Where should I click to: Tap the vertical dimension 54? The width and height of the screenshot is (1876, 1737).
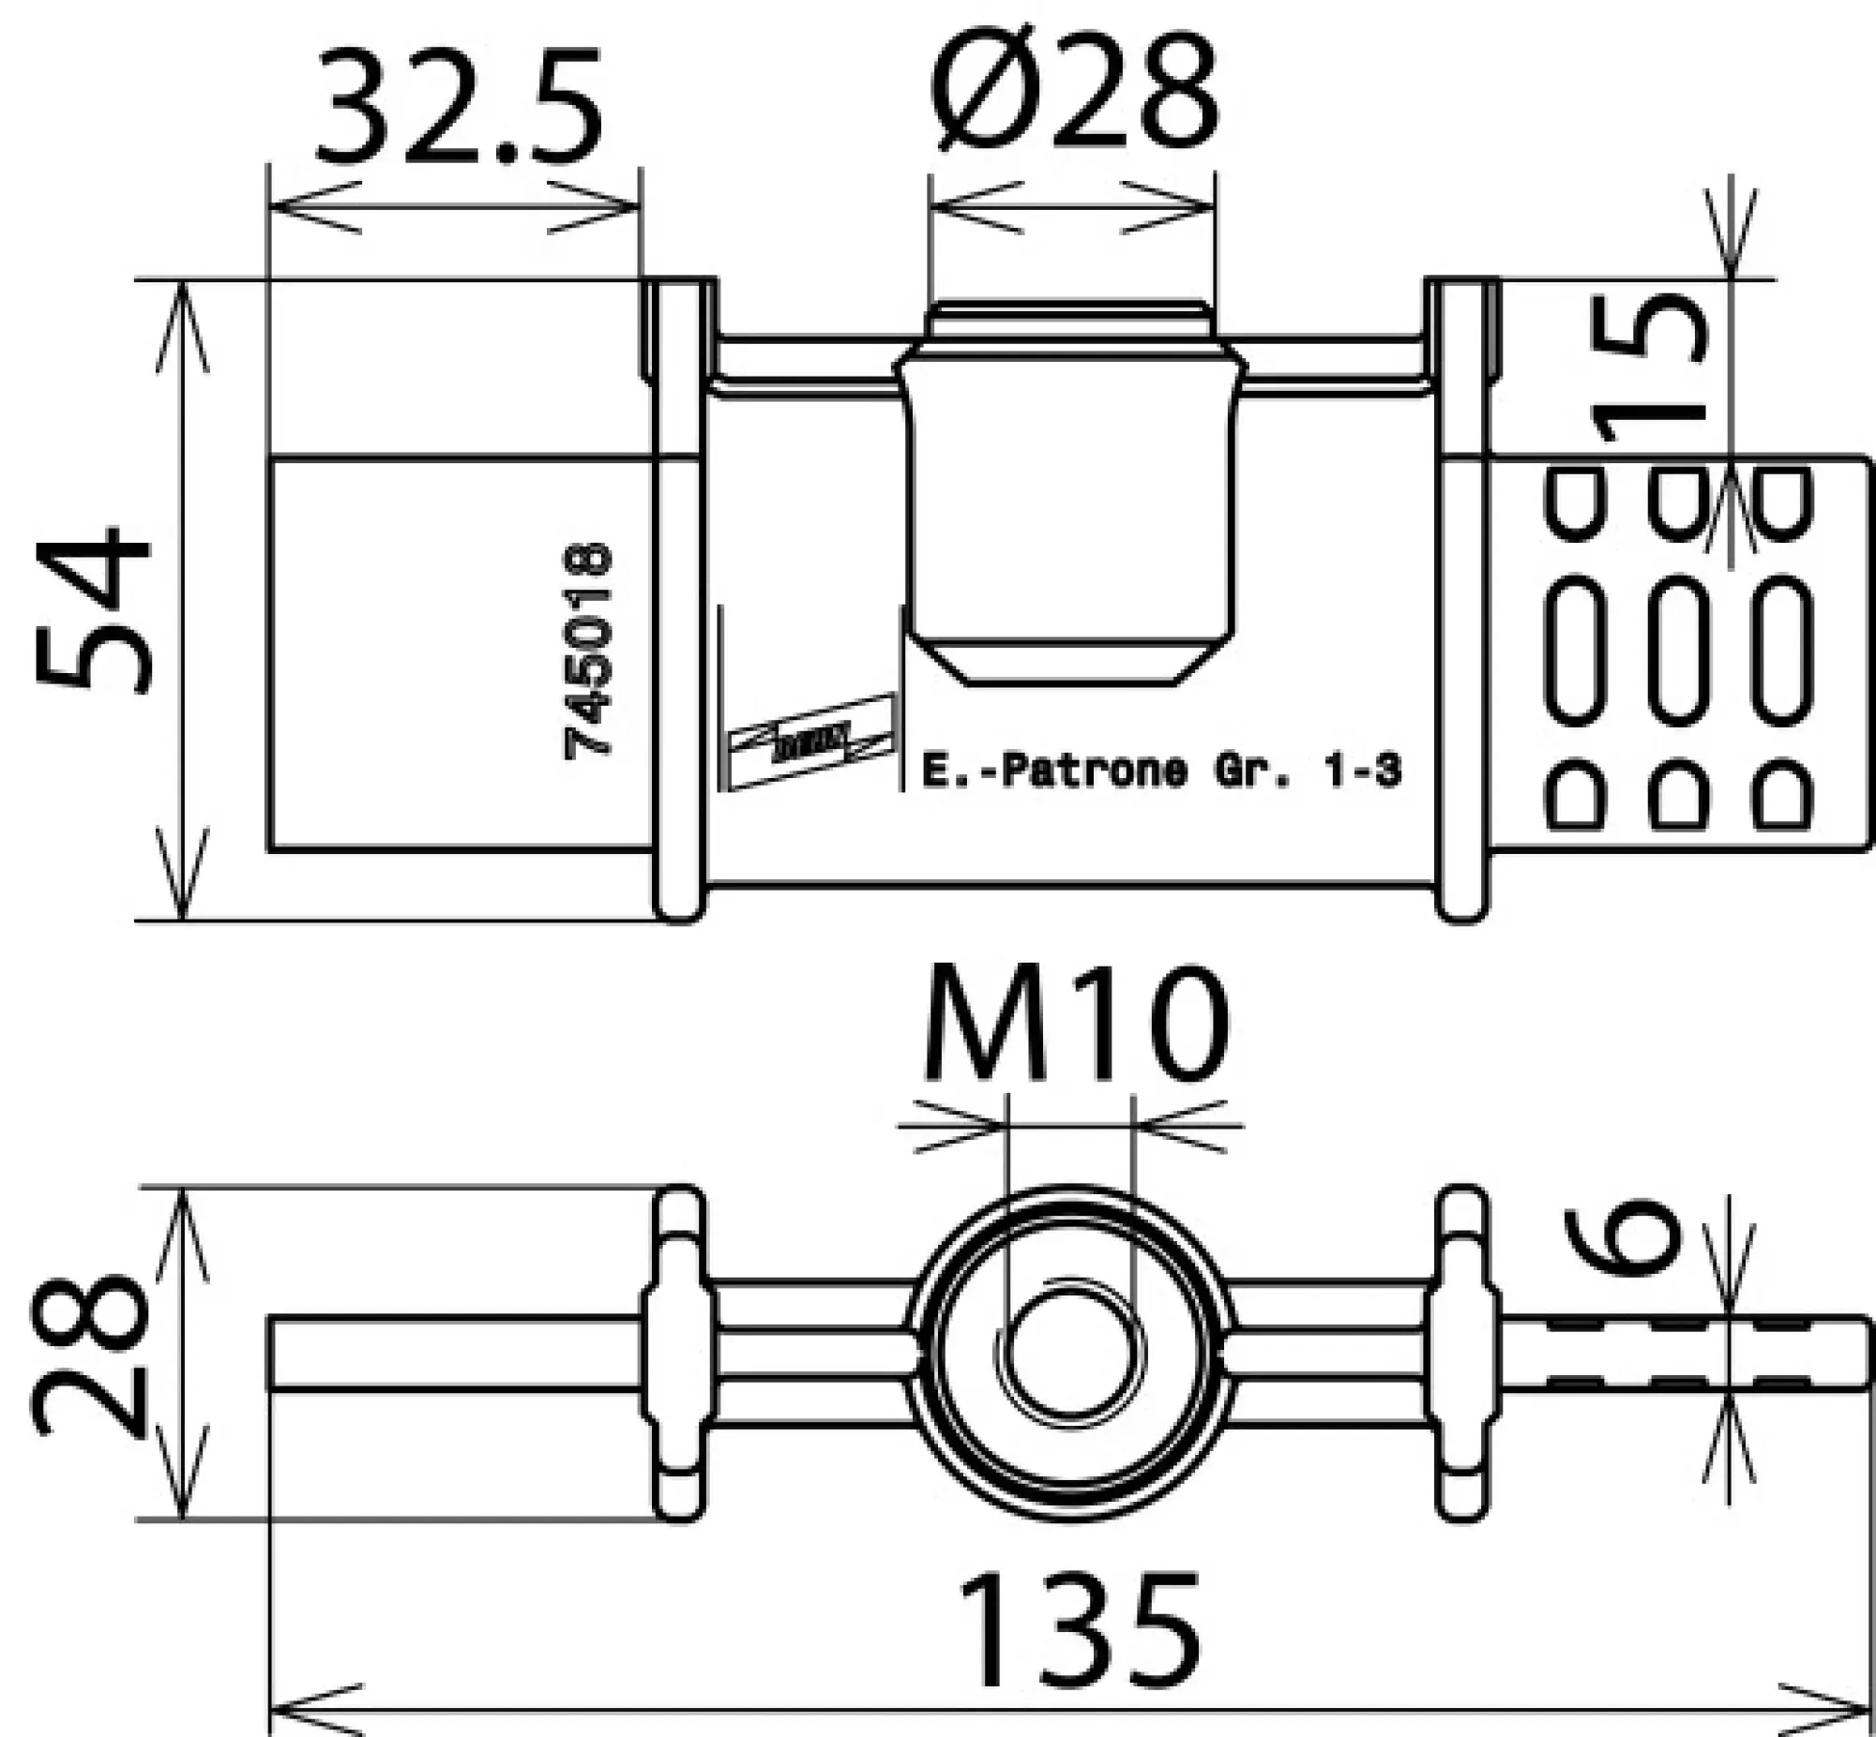94,611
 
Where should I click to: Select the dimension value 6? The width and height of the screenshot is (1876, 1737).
1624,1238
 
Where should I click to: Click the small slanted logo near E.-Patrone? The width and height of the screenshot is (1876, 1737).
810,741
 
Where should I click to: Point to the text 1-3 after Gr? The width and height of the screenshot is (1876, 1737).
1368,771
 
